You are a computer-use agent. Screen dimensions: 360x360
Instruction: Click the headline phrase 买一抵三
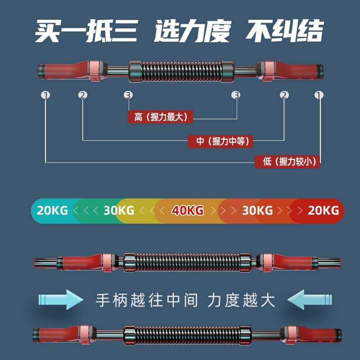point(87,32)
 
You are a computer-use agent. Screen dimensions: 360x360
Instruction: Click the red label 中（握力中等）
point(220,141)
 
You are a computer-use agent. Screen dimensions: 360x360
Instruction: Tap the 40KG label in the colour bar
point(187,210)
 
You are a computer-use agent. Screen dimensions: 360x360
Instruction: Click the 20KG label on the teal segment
point(53,210)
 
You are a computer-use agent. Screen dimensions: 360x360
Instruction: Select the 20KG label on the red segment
point(323,210)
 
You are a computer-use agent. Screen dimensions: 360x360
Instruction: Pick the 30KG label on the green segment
point(118,210)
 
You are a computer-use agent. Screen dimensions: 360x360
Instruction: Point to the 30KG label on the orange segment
point(257,210)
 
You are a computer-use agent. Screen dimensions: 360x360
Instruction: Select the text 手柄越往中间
point(147,300)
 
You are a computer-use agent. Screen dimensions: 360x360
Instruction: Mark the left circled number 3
point(128,95)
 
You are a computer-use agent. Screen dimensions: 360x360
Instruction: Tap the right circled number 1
point(319,95)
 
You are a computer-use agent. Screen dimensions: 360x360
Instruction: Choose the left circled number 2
point(82,95)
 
